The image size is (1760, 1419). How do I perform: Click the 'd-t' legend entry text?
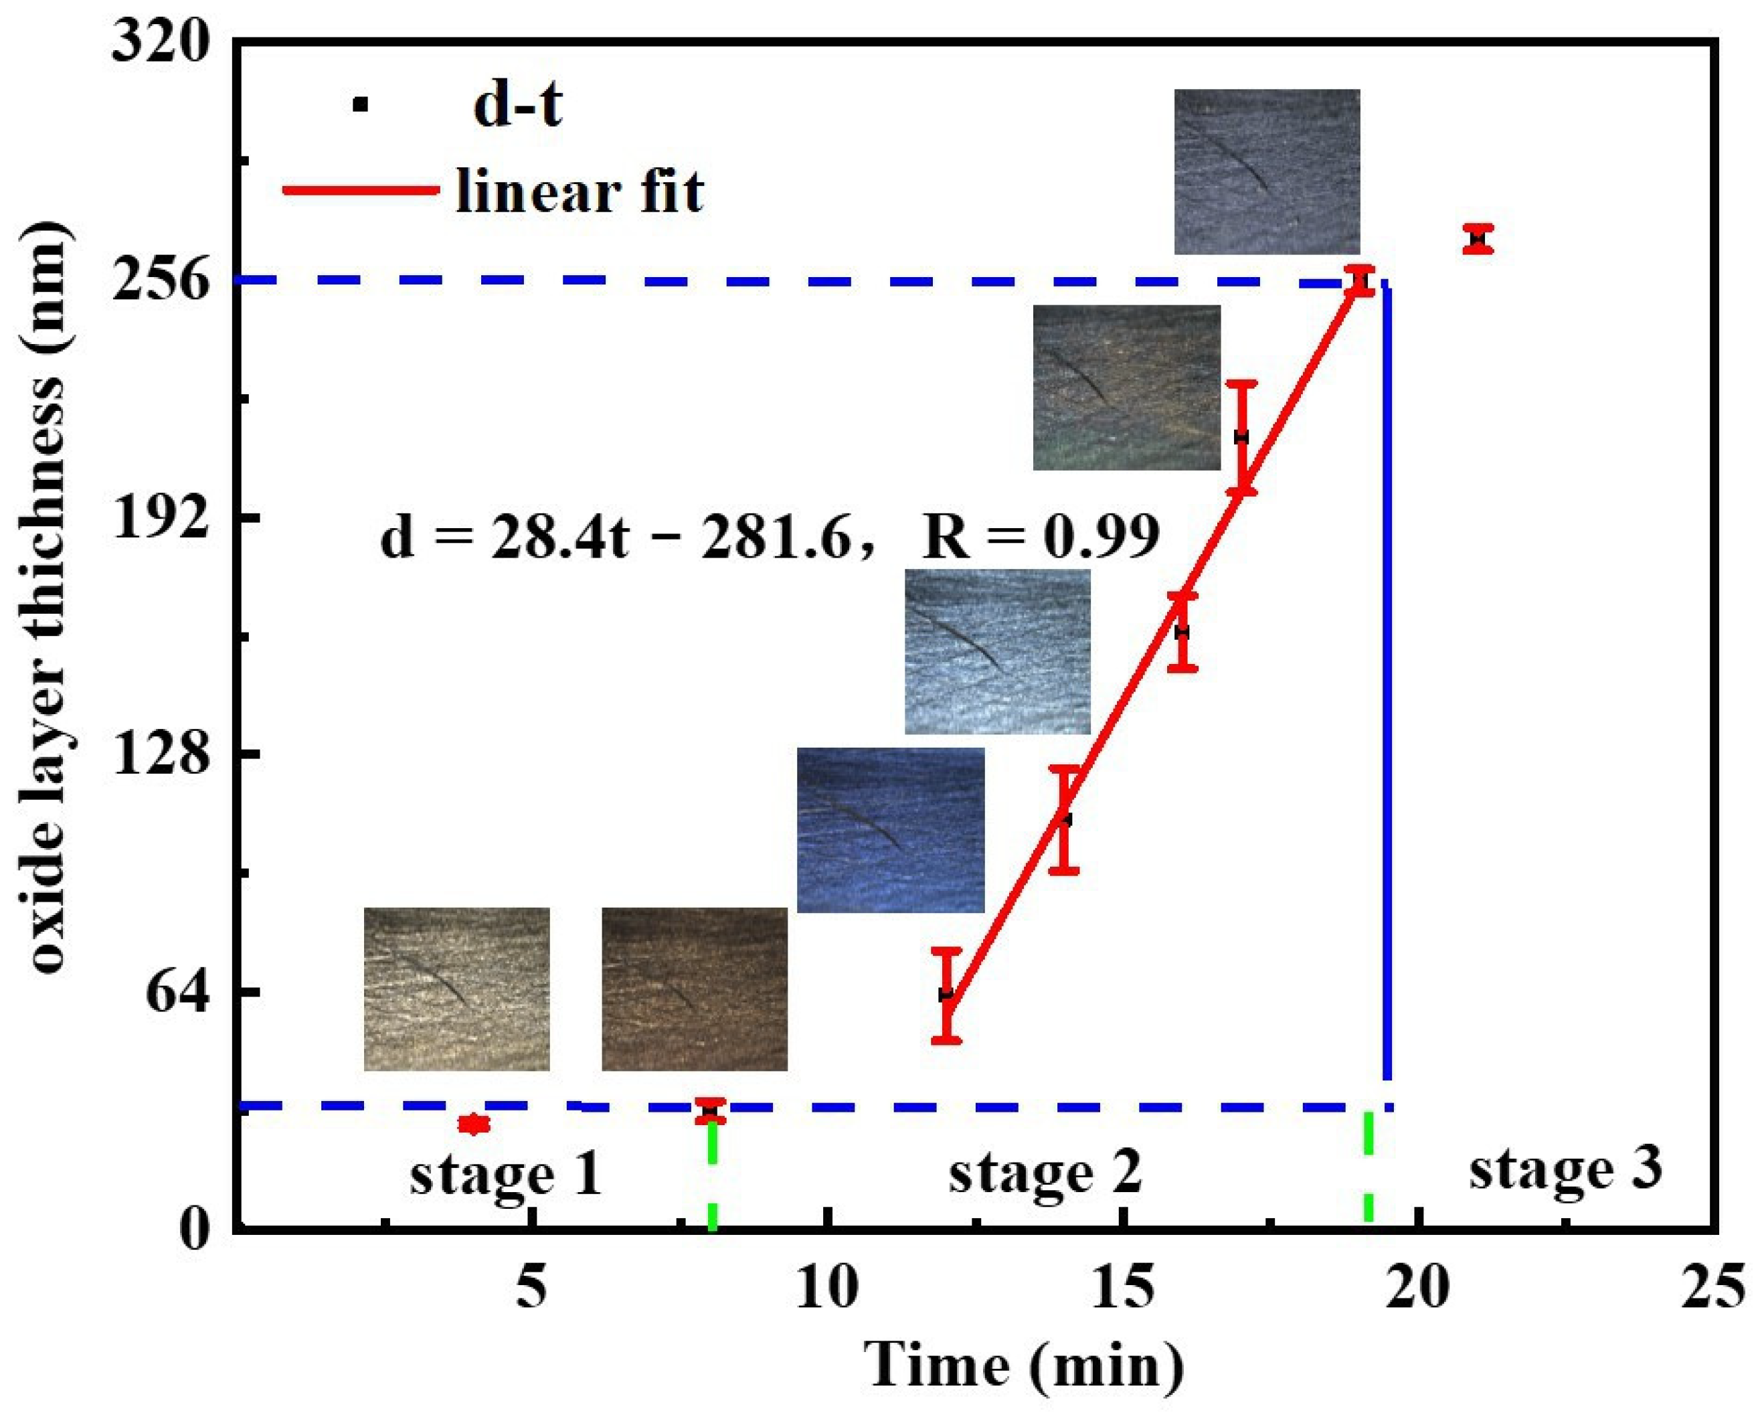pyautogui.click(x=517, y=106)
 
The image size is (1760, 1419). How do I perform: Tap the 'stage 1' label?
pyautogui.click(x=506, y=1174)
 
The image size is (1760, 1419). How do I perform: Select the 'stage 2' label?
pyautogui.click(x=1044, y=1171)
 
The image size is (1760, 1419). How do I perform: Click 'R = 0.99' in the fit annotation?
pyautogui.click(x=1040, y=537)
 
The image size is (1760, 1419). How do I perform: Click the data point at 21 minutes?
pyautogui.click(x=1478, y=239)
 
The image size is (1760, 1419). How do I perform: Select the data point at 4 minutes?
pyautogui.click(x=473, y=1124)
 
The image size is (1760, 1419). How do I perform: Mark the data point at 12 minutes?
pyautogui.click(x=946, y=995)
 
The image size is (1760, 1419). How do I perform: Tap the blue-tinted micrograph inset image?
pyautogui.click(x=890, y=830)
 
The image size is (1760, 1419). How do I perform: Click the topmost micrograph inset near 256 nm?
pyautogui.click(x=1267, y=171)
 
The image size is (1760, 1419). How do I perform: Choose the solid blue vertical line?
pyautogui.click(x=1387, y=679)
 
